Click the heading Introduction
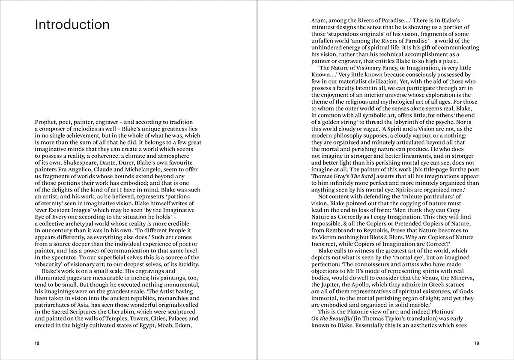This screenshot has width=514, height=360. [x=72, y=24]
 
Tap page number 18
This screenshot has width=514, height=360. [x=38, y=343]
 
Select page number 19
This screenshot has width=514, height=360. [x=476, y=343]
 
